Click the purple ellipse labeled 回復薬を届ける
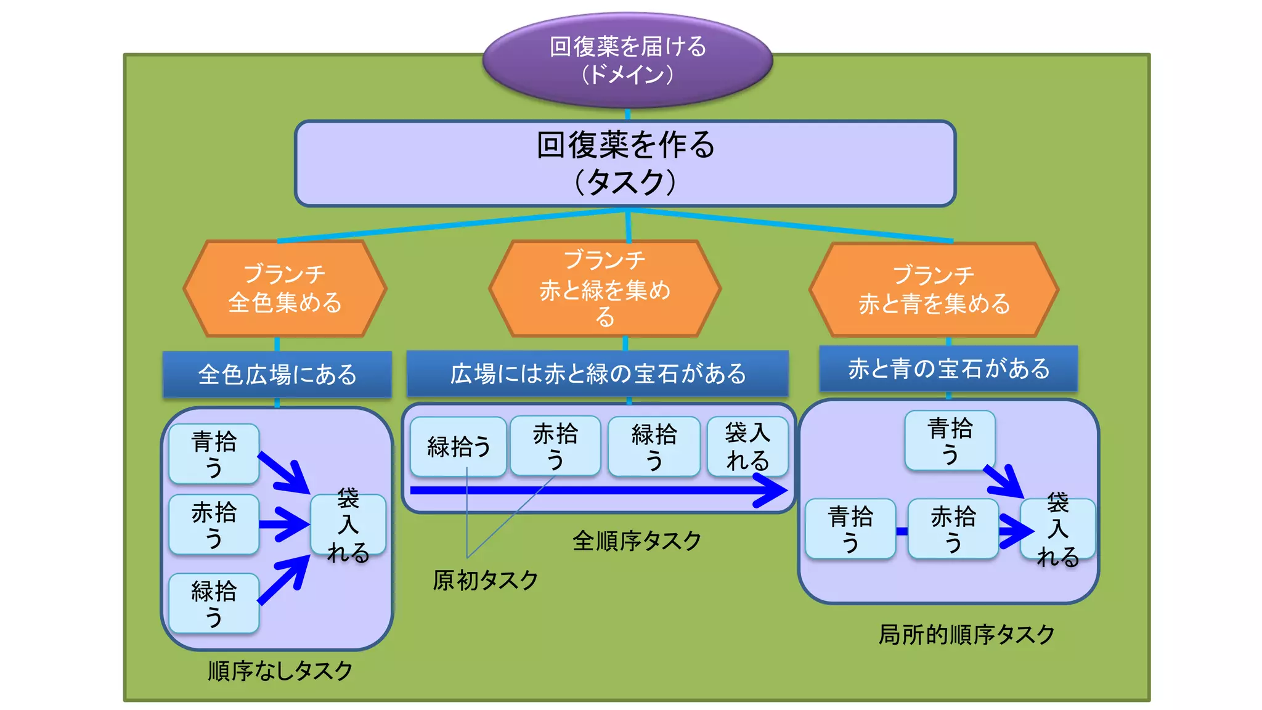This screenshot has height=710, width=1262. [627, 60]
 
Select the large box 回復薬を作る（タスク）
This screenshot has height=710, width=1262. [625, 163]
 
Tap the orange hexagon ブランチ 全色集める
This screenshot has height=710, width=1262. [285, 288]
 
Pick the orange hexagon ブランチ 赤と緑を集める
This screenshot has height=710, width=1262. [605, 288]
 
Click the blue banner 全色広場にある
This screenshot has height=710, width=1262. [277, 374]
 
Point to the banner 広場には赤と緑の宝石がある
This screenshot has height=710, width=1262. [597, 373]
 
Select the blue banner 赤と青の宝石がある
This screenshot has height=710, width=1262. [948, 369]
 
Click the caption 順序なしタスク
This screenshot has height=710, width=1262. [280, 671]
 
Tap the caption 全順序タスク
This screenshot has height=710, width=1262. [637, 541]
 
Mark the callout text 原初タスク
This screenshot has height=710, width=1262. [486, 580]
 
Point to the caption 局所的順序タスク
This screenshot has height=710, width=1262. [966, 634]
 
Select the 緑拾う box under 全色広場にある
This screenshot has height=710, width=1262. [214, 603]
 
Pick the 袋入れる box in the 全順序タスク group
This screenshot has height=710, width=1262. [747, 446]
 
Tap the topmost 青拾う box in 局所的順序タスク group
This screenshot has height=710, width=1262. [950, 441]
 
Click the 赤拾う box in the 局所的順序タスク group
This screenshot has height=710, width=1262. [953, 529]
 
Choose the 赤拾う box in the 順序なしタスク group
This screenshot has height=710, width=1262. [214, 524]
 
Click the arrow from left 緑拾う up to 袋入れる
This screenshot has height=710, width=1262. [285, 579]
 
